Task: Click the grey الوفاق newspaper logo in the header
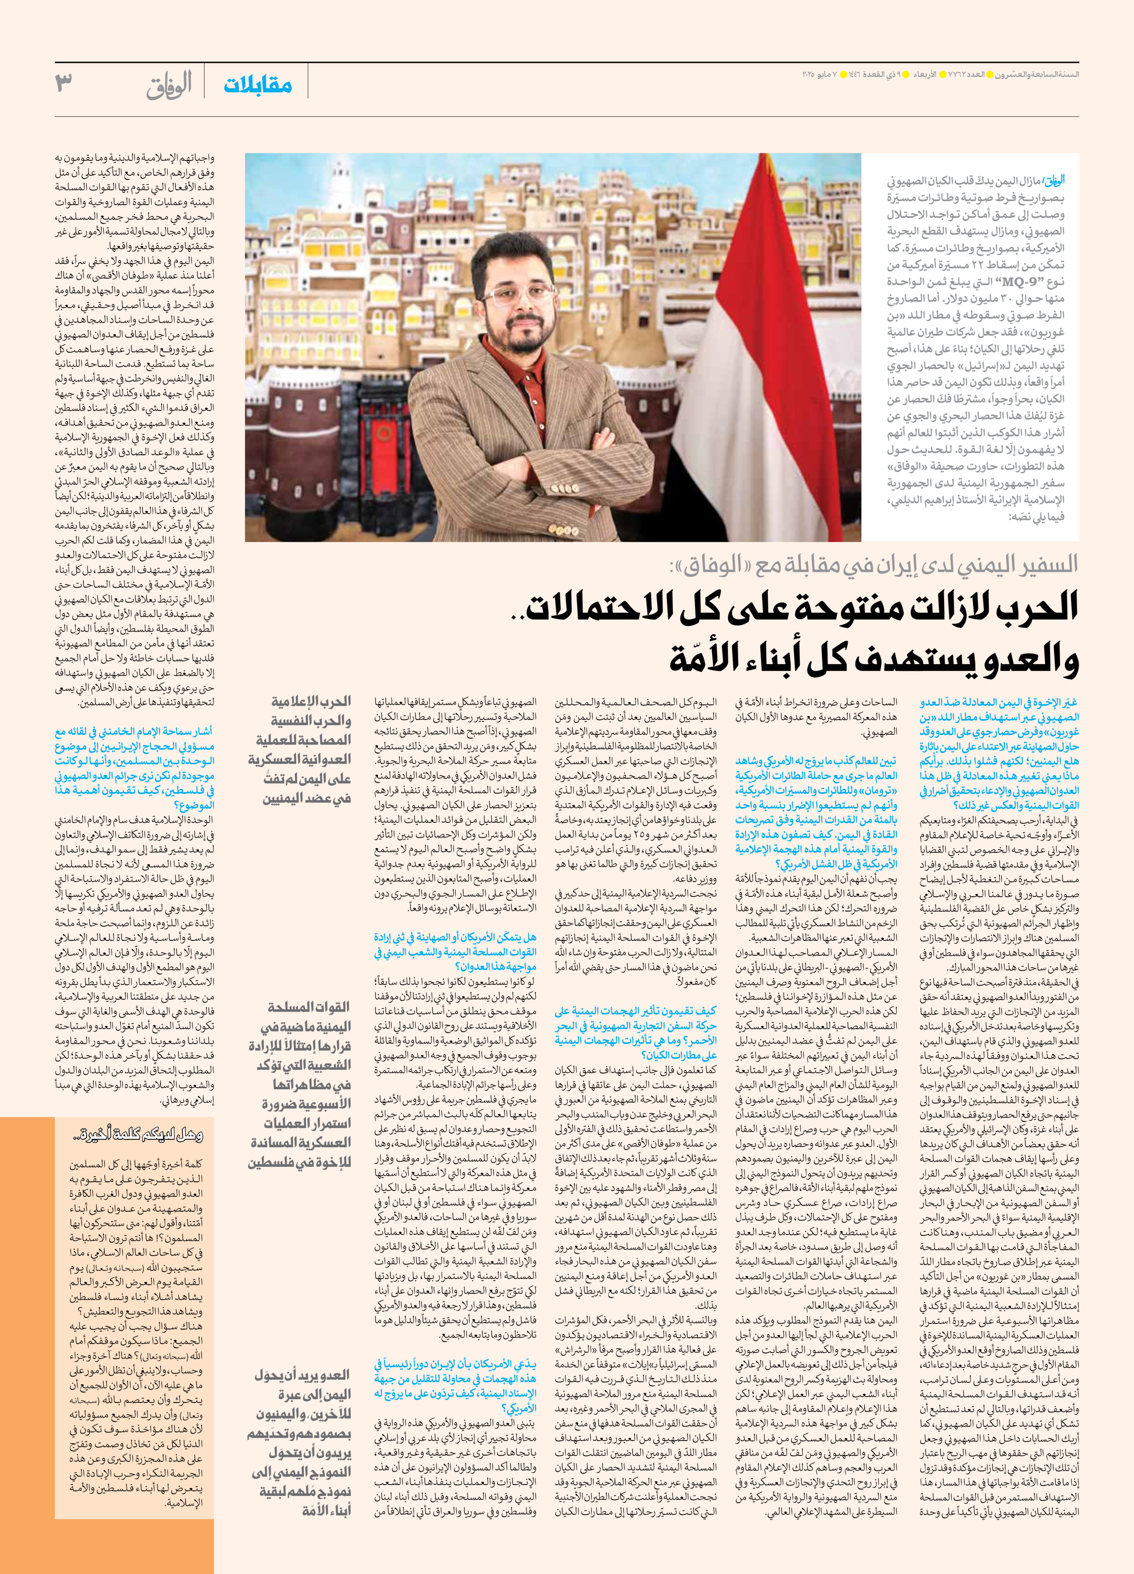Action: pos(169,86)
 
